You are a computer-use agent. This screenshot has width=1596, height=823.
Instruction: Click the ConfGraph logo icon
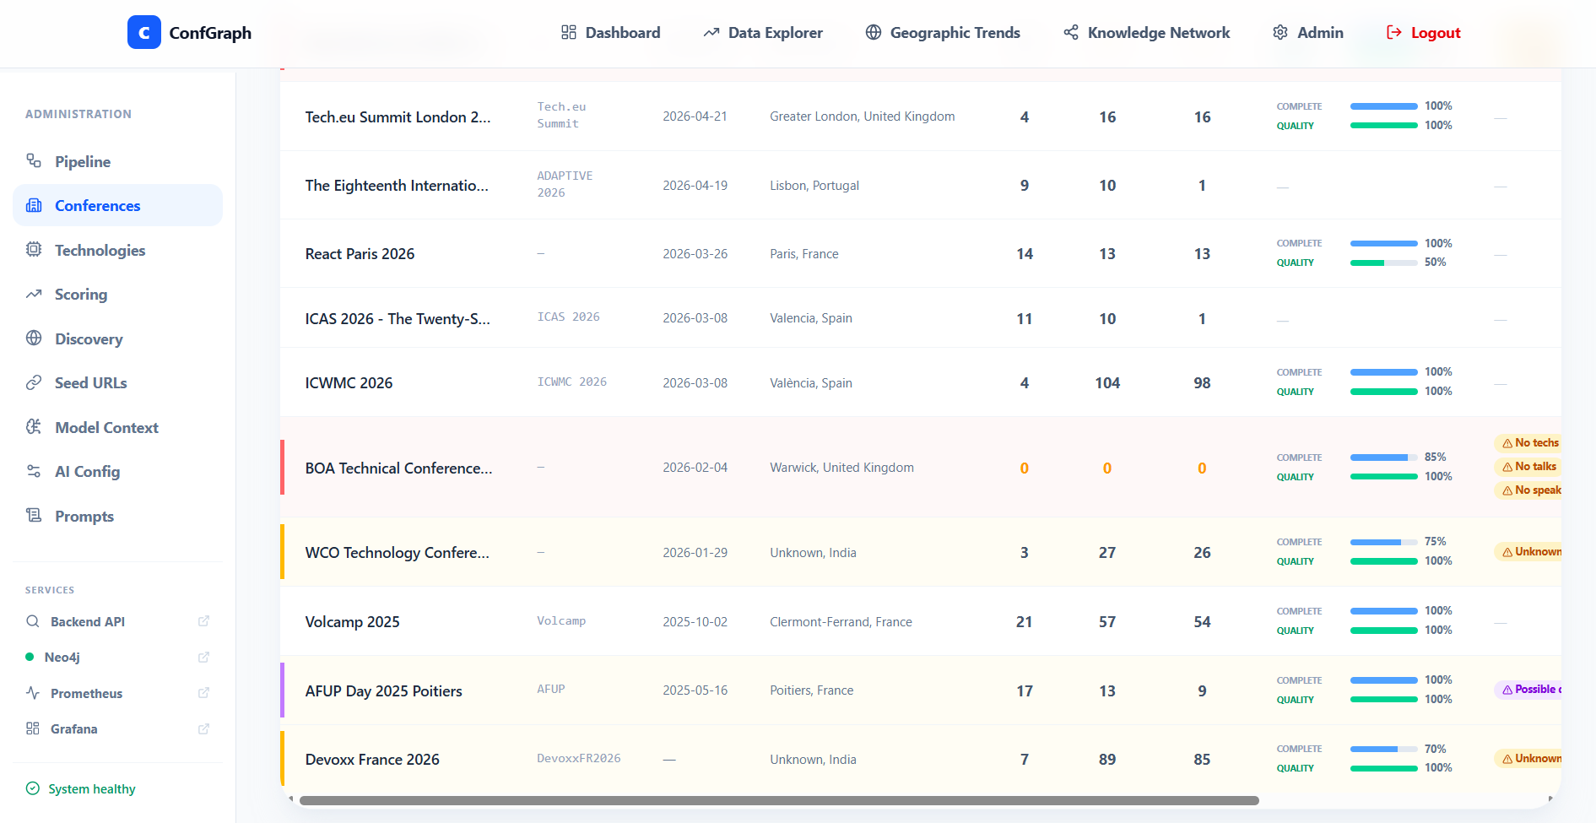[144, 32]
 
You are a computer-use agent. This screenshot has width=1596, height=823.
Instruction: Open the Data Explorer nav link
[763, 33]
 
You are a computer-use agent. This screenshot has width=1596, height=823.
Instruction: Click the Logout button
[1423, 33]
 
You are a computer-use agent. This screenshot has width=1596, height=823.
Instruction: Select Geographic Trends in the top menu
[943, 33]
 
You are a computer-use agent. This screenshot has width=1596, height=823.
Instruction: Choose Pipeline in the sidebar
[83, 161]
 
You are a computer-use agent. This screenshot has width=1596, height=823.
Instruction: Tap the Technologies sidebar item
[100, 250]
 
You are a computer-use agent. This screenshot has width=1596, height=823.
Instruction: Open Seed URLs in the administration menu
[90, 382]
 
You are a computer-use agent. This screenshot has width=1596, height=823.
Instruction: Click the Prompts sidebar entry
[84, 516]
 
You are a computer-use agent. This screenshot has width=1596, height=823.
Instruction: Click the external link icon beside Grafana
[203, 728]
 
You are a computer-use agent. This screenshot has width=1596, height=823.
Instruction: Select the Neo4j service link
[62, 657]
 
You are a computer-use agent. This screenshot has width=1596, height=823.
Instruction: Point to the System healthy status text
[92, 788]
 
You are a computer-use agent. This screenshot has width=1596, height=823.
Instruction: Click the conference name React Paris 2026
[360, 254]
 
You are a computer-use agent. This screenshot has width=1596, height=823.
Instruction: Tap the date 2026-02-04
[695, 468]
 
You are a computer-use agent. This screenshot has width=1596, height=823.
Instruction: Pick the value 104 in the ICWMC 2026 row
[1107, 383]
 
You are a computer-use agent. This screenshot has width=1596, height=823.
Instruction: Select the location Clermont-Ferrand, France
[841, 622]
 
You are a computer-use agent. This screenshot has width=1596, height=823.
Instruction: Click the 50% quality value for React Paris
[1435, 263]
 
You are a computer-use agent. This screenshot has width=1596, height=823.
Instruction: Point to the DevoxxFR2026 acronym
[579, 758]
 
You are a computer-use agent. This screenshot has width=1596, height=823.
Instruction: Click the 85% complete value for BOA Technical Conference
[1435, 457]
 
